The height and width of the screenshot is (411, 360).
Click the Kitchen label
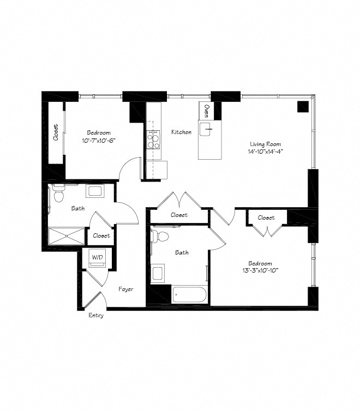tap(181, 132)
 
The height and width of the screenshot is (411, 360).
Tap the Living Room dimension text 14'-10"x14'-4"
tap(266, 152)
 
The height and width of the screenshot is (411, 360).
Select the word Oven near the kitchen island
tap(206, 111)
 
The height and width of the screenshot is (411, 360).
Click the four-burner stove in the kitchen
tap(153, 139)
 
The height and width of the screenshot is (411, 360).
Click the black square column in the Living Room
tap(303, 107)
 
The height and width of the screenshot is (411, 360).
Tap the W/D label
tap(97, 257)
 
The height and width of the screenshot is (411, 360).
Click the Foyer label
tap(126, 289)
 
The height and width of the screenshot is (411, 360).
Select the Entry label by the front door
tap(95, 315)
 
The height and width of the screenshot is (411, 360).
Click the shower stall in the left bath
tap(67, 236)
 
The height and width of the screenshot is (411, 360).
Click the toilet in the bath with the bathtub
tap(156, 235)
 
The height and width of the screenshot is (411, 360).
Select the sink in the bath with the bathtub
tap(157, 273)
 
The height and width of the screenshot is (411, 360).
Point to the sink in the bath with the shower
tap(95, 191)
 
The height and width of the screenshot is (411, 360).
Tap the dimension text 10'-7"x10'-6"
tap(99, 140)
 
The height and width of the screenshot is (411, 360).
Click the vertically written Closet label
tap(56, 132)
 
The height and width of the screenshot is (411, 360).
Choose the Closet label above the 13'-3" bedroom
tap(266, 217)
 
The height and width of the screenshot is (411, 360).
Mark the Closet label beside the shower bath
tap(101, 236)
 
